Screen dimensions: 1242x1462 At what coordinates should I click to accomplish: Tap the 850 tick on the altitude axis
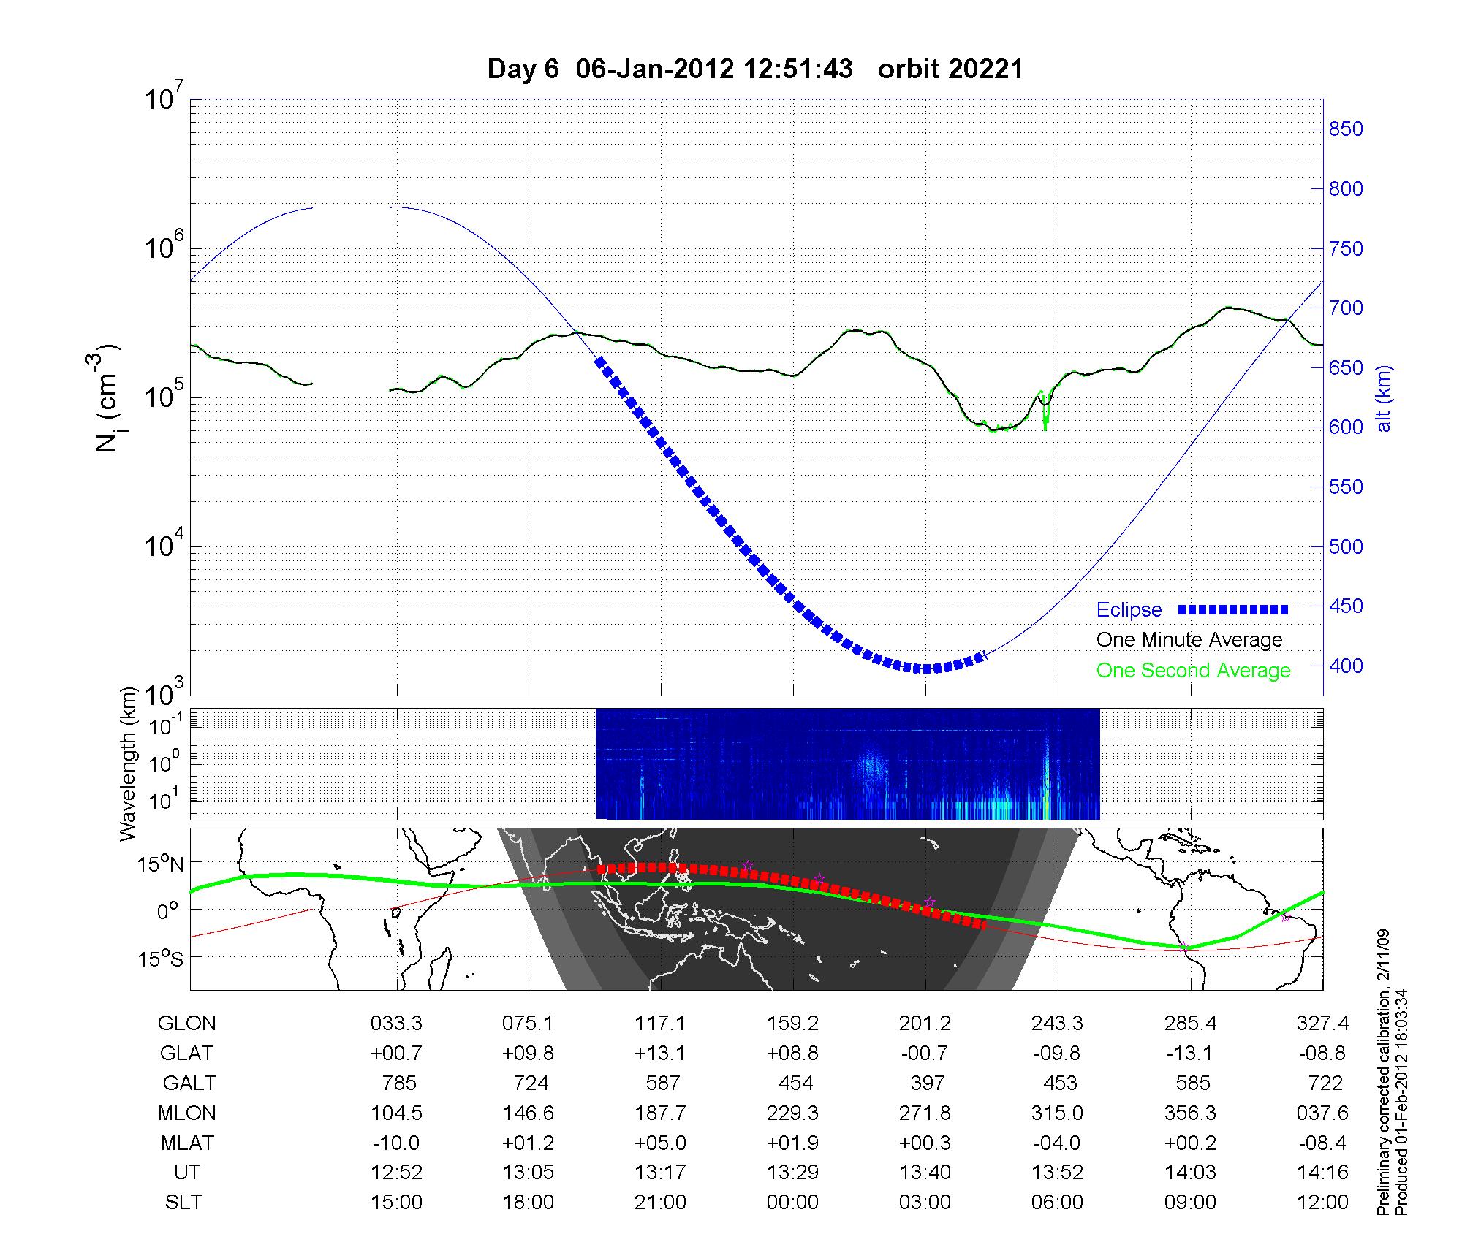[1345, 129]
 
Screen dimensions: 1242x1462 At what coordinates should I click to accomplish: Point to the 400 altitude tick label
[1345, 666]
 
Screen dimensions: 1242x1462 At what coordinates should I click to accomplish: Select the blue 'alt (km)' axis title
[1384, 399]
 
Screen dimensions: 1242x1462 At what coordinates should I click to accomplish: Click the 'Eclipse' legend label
[1129, 610]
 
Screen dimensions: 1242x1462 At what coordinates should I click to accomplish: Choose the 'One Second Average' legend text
[1193, 671]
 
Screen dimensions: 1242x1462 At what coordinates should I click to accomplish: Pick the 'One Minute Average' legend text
[1189, 640]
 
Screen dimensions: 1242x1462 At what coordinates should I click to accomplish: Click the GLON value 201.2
[925, 1024]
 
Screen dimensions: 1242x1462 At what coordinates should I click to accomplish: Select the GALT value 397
[927, 1083]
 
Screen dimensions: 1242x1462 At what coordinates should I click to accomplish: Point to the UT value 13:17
[661, 1173]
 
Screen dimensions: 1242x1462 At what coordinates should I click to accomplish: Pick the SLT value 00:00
[793, 1203]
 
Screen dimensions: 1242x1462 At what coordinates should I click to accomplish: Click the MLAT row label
[187, 1143]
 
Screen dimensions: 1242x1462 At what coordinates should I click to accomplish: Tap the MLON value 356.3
[1191, 1113]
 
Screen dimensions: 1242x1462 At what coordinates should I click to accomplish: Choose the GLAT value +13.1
[661, 1054]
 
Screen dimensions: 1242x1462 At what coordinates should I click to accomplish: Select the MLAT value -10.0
[397, 1143]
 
